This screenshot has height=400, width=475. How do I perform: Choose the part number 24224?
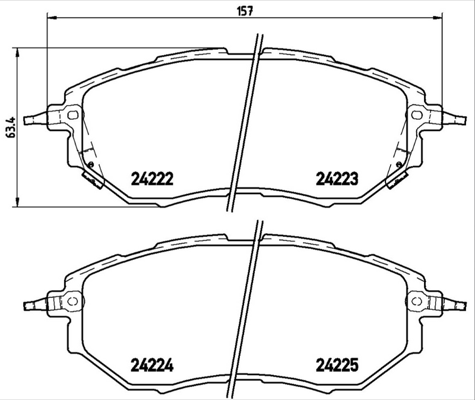[x=151, y=366]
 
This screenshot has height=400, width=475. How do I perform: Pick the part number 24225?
[x=336, y=366]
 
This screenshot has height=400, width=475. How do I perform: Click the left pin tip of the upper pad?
[x=26, y=120]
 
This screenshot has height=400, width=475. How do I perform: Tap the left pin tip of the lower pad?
[x=26, y=306]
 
